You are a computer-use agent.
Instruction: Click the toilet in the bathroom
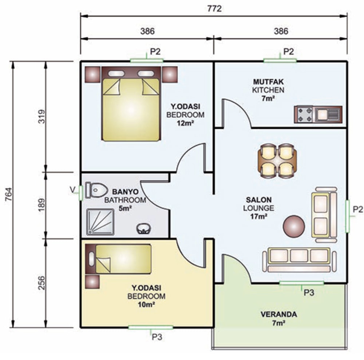point(96,190)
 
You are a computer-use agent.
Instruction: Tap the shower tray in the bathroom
point(100,222)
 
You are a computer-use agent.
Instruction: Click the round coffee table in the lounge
point(294,227)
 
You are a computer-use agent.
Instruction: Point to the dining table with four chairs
point(277,160)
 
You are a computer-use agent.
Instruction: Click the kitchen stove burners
point(304,114)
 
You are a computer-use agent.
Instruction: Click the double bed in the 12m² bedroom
point(131,103)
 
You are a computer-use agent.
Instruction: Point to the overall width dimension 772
point(214,9)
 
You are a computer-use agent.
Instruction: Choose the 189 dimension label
point(41,205)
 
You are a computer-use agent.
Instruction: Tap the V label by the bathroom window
point(73,190)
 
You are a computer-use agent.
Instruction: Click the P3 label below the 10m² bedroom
point(157,337)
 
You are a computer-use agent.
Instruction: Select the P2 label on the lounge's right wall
point(358,209)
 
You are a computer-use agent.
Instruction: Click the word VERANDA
point(278,315)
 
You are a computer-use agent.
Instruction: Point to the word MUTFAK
point(268,82)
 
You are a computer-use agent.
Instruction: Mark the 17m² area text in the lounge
point(258,216)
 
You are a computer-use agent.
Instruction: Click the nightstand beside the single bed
point(92,282)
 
